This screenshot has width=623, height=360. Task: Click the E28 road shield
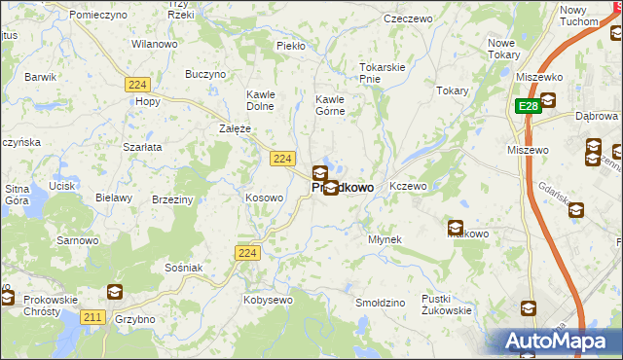tap(527, 105)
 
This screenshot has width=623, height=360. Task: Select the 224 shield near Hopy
tap(136, 85)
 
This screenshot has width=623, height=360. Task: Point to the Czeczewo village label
tap(408, 18)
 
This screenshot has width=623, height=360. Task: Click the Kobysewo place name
tap(269, 300)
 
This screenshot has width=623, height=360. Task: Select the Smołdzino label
tap(380, 303)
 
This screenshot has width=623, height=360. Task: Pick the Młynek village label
tap(385, 238)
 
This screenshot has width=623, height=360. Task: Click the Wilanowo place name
tap(155, 44)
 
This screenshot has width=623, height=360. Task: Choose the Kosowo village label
tap(264, 198)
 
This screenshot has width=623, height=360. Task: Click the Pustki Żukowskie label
tap(447, 305)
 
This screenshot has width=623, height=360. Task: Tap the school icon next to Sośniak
tap(115, 291)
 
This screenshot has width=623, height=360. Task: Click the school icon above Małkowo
tap(456, 229)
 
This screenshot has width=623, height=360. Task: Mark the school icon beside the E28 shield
tap(548, 99)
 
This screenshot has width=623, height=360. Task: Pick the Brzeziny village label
tap(172, 198)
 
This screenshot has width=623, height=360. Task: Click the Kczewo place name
tap(408, 186)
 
